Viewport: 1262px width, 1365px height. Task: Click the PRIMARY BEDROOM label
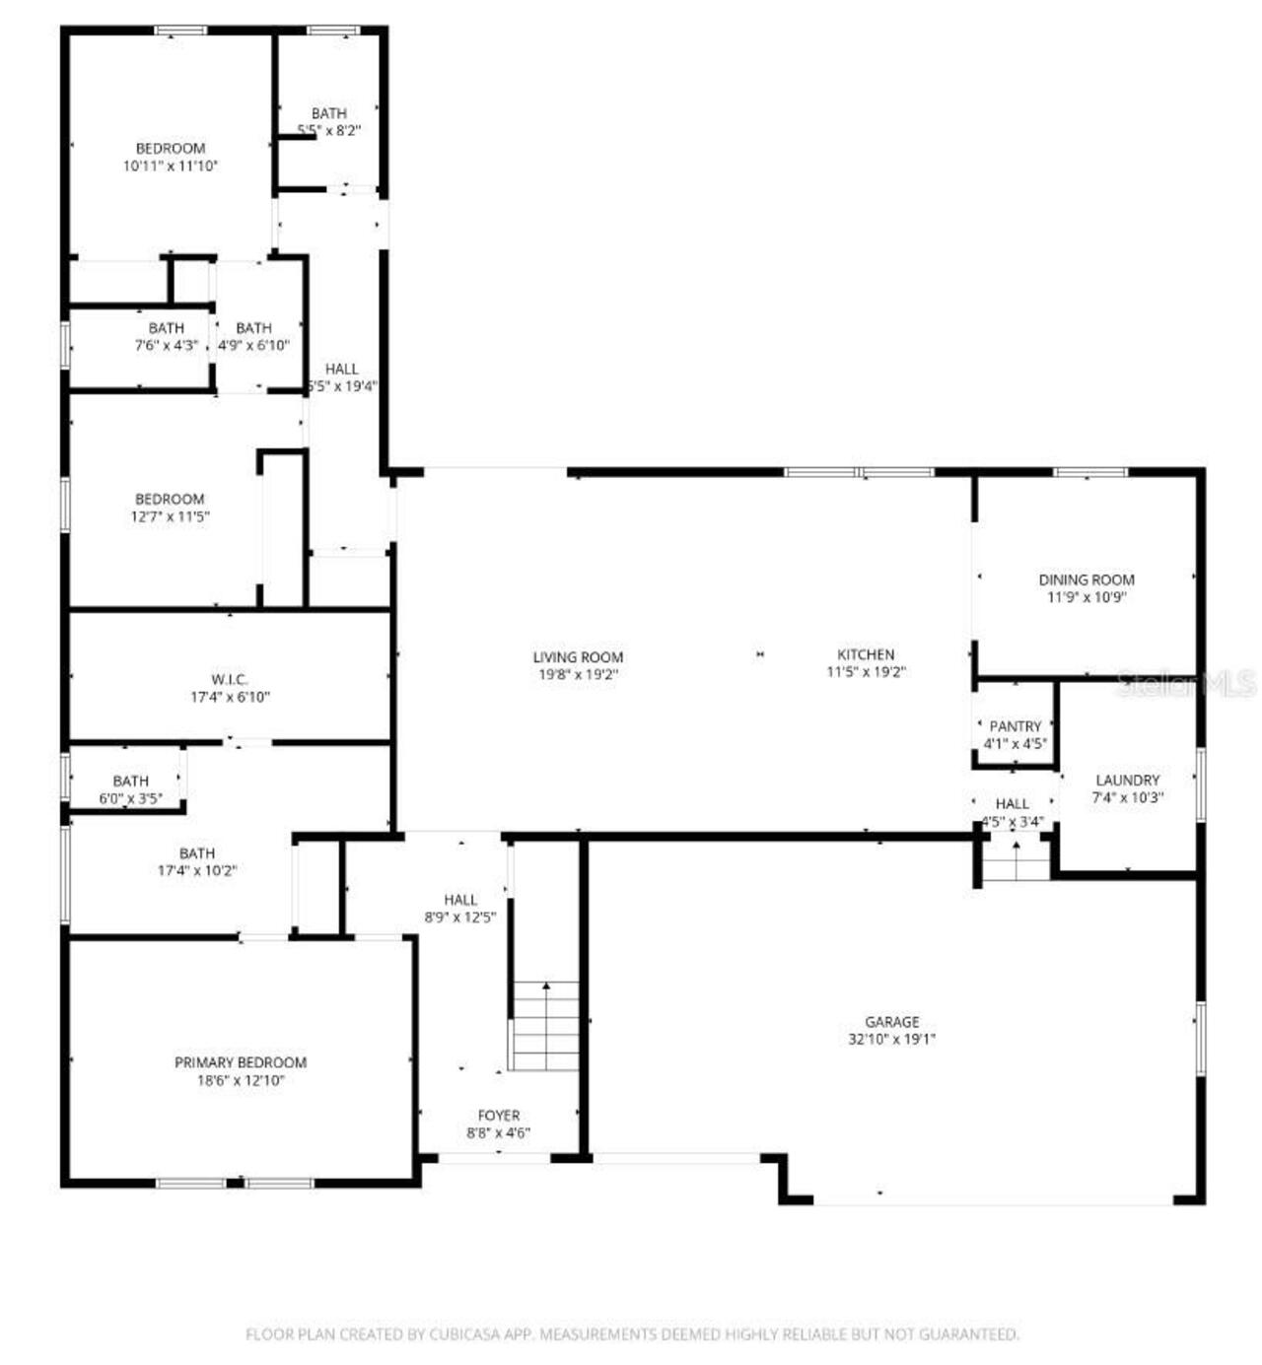pos(241,1062)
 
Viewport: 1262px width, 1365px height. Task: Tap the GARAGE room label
pos(891,1022)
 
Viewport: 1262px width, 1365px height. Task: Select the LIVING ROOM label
pos(578,657)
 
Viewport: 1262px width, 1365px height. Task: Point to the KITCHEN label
pos(866,654)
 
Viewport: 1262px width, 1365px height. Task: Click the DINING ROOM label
pos(1087,580)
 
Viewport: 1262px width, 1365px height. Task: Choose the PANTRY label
pos(1015,726)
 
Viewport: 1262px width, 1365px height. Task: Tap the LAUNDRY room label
pos(1127,780)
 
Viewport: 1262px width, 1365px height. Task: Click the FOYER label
pos(499,1116)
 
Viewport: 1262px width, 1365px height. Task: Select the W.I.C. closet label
pos(230,680)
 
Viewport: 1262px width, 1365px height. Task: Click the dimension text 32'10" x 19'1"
pos(891,1039)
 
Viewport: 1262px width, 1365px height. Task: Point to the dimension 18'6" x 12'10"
pos(241,1080)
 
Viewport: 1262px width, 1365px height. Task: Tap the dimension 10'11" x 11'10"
pos(171,167)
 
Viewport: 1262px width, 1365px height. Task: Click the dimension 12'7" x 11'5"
pos(171,516)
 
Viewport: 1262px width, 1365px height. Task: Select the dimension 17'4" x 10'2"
pos(197,871)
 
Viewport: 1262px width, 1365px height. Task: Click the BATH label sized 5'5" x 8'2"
pos(328,113)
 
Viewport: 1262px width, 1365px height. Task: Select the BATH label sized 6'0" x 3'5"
pos(130,782)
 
